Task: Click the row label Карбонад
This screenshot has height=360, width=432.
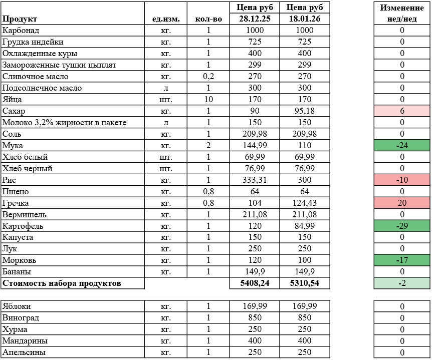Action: point(20,31)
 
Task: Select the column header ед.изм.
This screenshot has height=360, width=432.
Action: point(165,19)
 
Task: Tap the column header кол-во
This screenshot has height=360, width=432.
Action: point(208,19)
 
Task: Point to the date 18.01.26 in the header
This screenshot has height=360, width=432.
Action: point(305,19)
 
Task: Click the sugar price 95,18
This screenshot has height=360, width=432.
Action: point(305,111)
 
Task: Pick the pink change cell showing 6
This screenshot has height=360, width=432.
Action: point(402,111)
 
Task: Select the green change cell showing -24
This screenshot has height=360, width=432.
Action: point(402,146)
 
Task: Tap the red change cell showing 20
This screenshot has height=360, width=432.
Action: point(402,203)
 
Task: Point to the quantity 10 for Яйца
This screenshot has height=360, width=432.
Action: point(208,100)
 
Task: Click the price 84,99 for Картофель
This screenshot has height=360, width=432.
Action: point(305,226)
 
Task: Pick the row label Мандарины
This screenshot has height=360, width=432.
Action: point(25,341)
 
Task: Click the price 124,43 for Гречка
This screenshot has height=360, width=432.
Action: point(305,203)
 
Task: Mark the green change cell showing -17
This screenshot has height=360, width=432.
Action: point(402,261)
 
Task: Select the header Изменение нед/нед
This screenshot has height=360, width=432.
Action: point(402,14)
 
